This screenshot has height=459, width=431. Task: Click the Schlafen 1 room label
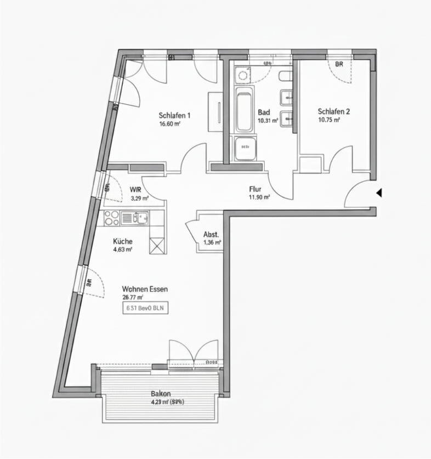(x=174, y=115)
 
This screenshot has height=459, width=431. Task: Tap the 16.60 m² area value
(x=169, y=124)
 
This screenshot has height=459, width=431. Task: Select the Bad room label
(x=264, y=112)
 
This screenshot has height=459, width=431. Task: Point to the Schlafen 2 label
(x=333, y=111)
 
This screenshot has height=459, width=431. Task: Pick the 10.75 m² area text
(x=329, y=120)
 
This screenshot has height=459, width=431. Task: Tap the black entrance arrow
(x=378, y=193)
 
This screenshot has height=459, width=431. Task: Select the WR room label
(x=136, y=190)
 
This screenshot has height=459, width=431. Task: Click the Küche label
(x=123, y=241)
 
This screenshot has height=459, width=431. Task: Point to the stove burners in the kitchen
(x=112, y=218)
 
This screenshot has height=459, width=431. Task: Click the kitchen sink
(x=141, y=218)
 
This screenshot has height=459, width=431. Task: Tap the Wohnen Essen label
(x=145, y=289)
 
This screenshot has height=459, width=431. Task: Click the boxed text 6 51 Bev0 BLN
(x=145, y=308)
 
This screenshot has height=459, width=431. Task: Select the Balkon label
(x=161, y=394)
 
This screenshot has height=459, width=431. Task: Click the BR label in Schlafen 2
(x=339, y=64)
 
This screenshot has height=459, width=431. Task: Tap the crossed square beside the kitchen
(x=156, y=245)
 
